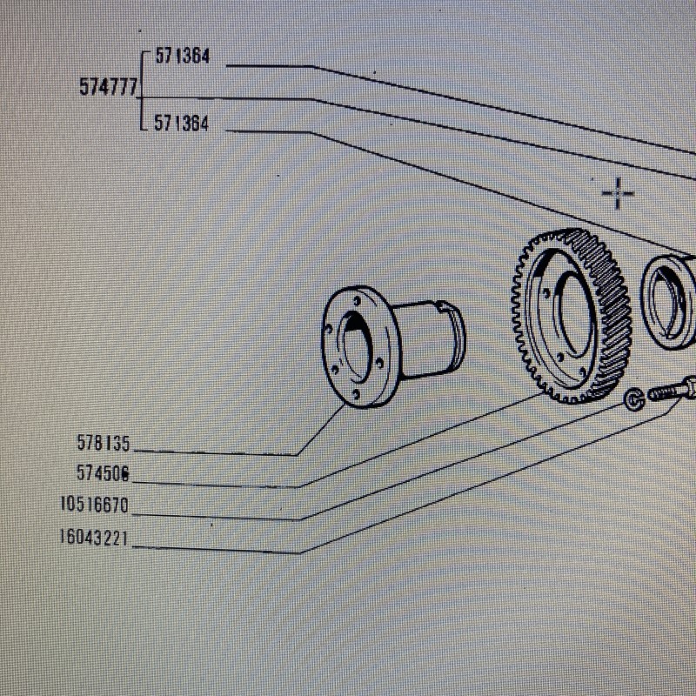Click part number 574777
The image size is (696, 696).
coord(109,86)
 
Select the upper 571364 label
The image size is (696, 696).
coord(182,57)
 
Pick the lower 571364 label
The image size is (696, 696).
coord(181,123)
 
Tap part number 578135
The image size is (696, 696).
coord(104,443)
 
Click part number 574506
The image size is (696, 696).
coord(103,473)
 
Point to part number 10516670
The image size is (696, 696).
coord(94,505)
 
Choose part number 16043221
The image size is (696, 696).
coord(94,538)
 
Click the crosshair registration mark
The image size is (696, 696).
coord(618,193)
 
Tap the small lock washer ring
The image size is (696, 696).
coord(634,398)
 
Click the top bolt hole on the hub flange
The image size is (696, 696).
coord(357,301)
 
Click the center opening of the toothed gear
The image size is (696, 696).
coord(572,314)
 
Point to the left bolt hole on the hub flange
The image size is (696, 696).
coord(329,331)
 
